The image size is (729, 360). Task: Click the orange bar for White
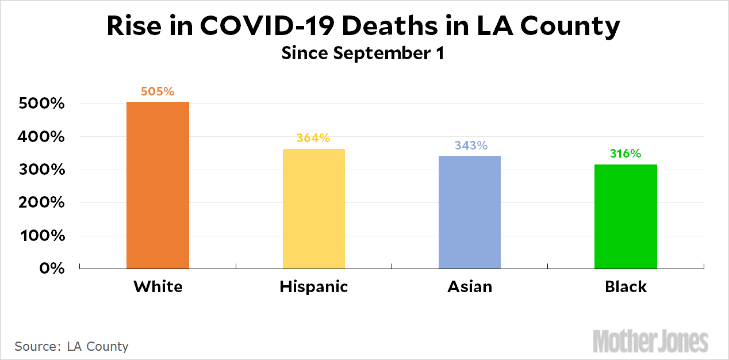(158, 185)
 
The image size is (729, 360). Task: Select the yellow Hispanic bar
(313, 209)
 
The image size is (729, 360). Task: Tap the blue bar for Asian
(469, 212)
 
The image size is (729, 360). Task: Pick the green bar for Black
(626, 216)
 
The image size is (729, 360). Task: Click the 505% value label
(158, 91)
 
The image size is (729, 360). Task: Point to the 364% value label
(313, 139)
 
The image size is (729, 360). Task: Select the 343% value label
(471, 145)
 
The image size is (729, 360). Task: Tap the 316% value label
(625, 154)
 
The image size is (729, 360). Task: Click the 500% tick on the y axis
(41, 105)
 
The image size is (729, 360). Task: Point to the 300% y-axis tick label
(41, 171)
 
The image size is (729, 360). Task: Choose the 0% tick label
(51, 269)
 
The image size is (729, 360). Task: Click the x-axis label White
(158, 286)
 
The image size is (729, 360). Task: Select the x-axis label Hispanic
(314, 286)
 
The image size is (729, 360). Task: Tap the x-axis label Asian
(470, 286)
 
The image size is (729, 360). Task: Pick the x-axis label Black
(626, 286)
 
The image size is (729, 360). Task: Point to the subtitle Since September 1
(363, 53)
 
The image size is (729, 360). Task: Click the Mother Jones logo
(650, 340)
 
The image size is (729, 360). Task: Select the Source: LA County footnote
(72, 346)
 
